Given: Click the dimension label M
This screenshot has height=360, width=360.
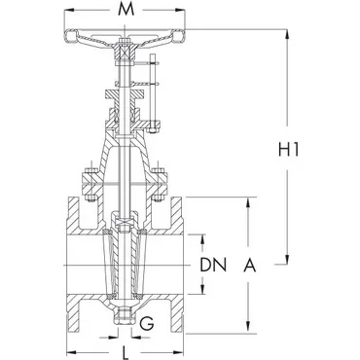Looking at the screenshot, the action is pyautogui.click(x=126, y=10).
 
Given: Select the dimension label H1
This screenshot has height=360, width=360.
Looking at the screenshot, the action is pyautogui.click(x=288, y=150).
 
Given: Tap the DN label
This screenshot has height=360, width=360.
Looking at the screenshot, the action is pyautogui.click(x=212, y=265).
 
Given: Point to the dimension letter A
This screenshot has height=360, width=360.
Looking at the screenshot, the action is pyautogui.click(x=250, y=265).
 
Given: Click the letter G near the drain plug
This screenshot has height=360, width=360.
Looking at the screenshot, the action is pyautogui.click(x=147, y=323).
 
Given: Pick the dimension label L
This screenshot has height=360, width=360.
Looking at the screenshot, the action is pyautogui.click(x=126, y=352).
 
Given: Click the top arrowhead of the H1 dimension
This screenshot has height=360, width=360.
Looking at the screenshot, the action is pyautogui.click(x=287, y=34).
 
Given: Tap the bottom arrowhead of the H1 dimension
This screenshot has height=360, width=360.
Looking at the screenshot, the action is pyautogui.click(x=287, y=259).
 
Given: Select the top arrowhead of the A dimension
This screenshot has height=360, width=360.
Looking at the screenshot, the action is pyautogui.click(x=248, y=202).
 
